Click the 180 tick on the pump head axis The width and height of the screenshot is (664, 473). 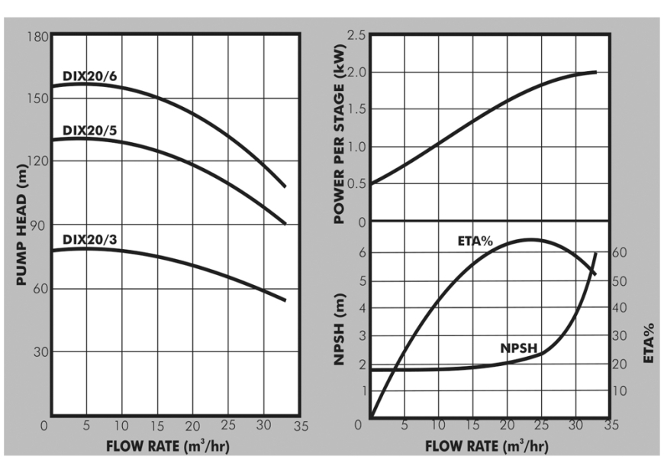coord(40,37)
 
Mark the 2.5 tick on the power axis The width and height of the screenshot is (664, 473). coord(356,35)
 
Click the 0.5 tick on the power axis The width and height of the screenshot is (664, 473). coord(356,184)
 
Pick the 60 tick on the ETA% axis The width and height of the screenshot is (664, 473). coord(620,254)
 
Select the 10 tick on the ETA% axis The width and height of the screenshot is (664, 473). coord(620,391)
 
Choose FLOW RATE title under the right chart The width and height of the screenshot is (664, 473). coord(486,445)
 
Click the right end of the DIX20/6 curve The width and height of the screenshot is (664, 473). coord(285,186)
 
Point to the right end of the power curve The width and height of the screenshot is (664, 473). coord(595,72)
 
